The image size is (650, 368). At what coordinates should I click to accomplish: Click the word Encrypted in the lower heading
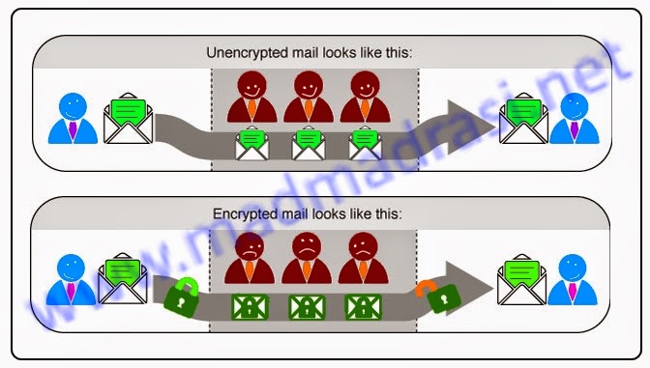(243, 212)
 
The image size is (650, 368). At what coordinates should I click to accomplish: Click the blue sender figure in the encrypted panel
(74, 279)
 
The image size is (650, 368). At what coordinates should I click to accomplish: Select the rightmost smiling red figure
(363, 99)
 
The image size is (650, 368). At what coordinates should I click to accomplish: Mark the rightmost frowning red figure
(363, 259)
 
